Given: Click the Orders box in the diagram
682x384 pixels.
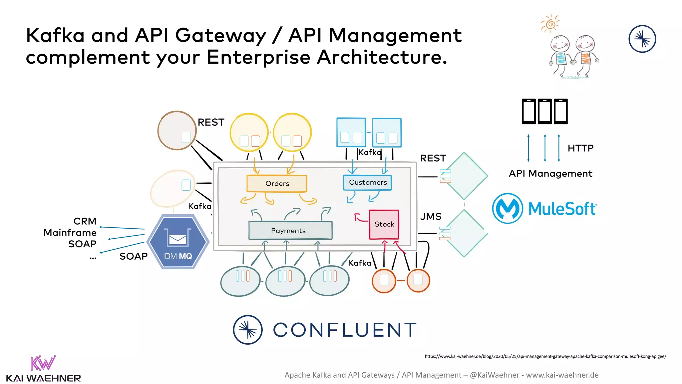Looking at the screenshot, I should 277,184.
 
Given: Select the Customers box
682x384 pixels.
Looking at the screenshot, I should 367,183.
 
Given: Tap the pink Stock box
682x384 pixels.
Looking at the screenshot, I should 384,224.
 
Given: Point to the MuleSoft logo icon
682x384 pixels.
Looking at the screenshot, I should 508,208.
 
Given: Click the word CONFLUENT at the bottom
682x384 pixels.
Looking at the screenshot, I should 345,330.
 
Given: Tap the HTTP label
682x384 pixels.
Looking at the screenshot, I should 580,148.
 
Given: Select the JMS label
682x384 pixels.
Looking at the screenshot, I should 431,217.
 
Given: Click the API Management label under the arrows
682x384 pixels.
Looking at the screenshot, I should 550,174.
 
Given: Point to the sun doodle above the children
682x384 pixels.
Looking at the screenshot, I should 550,24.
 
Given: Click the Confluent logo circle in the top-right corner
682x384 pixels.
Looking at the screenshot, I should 642,39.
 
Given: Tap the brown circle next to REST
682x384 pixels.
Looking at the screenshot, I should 176,131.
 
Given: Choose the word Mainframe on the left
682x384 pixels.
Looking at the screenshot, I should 70,233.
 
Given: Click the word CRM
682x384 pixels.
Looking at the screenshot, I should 85,221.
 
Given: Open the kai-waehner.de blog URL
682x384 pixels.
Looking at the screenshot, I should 545,356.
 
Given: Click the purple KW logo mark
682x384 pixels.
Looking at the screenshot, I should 43,363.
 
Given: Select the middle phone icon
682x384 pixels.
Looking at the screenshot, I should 545,111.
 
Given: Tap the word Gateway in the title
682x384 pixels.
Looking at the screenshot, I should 220,36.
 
